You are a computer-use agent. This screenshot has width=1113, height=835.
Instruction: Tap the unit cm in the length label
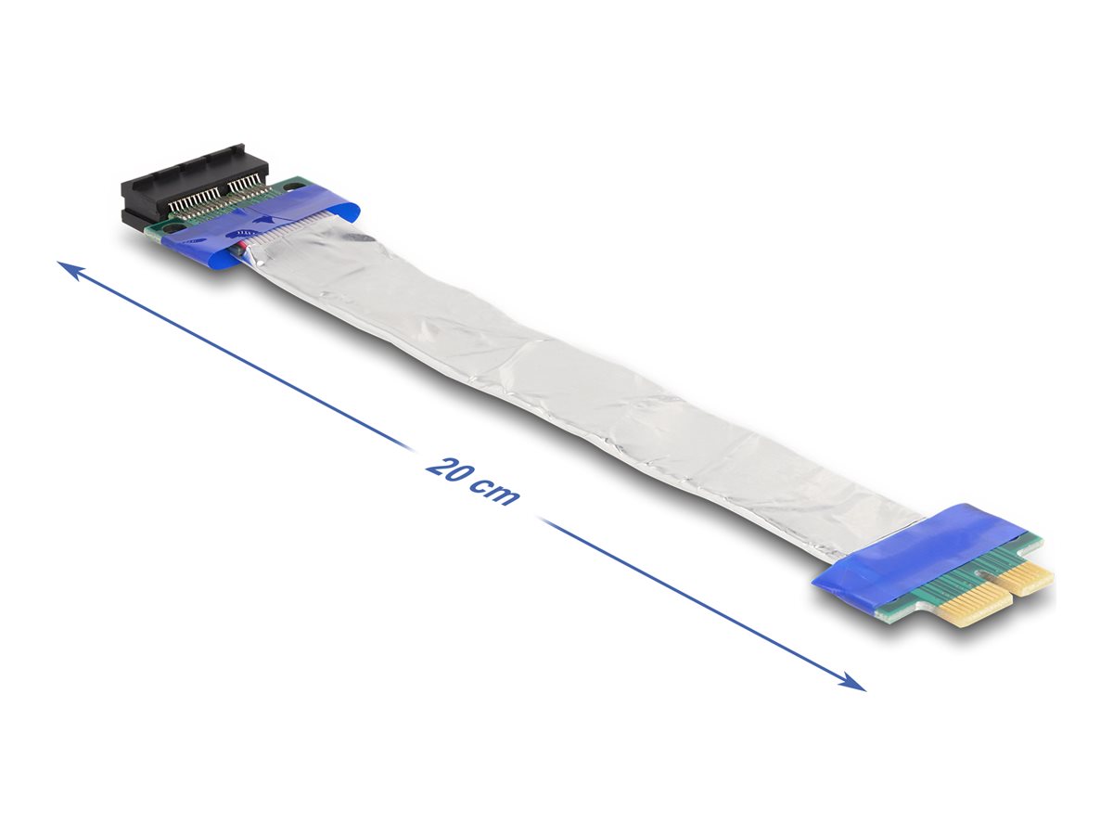493,493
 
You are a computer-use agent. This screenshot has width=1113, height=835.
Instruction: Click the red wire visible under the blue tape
243,246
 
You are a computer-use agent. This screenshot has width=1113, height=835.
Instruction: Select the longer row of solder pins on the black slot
190,201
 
